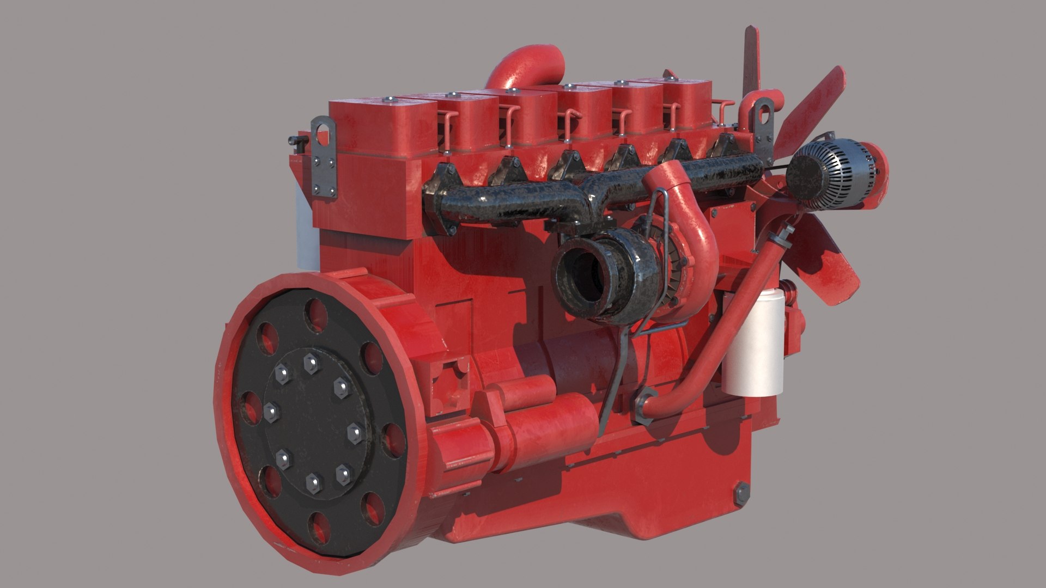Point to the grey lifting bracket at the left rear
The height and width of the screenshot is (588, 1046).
tap(325, 158)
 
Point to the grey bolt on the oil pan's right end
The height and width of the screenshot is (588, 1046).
tap(741, 493)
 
